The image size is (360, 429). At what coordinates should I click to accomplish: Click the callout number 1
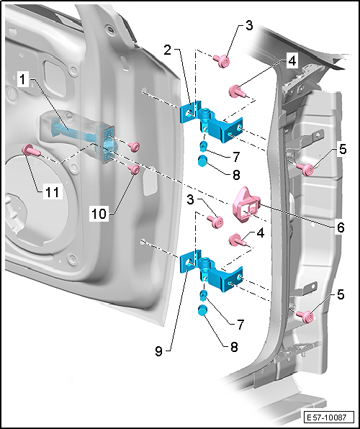pos(23,80)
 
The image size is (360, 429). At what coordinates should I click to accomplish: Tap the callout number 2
pos(168,50)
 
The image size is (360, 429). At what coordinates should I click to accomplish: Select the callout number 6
pos(340,227)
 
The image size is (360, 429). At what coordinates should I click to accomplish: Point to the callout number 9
pos(159,351)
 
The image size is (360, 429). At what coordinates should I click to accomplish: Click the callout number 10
pos(99,213)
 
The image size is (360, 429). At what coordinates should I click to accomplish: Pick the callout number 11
pos(52,192)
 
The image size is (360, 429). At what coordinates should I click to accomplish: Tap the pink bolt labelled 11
pos(31,150)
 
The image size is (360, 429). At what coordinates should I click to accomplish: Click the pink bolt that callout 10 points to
pos(135,170)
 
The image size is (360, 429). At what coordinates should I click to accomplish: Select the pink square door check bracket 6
pos(246,204)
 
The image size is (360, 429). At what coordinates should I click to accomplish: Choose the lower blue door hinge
pos(211,271)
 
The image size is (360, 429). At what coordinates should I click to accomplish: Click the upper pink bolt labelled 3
pos(222,60)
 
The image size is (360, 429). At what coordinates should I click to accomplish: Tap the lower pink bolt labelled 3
pos(216,222)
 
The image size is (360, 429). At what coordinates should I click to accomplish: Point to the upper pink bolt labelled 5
pos(305,168)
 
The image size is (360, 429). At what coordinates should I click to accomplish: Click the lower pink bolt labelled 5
pos(305,317)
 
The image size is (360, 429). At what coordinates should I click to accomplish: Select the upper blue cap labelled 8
pos(202,161)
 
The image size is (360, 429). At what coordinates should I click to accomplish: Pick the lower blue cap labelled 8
pos(202,310)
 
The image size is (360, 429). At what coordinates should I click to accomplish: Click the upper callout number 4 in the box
pos(292,61)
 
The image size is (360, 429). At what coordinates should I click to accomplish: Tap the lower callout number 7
pos(240,325)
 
